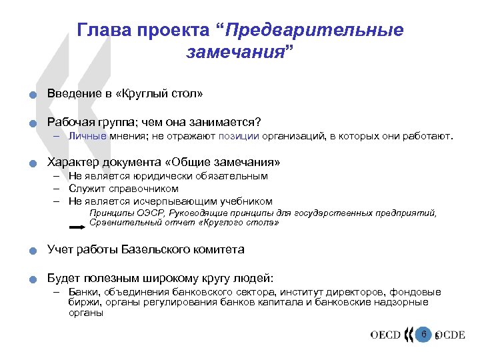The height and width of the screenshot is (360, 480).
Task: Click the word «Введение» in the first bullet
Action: [72, 93]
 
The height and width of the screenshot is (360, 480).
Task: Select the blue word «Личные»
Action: [85, 137]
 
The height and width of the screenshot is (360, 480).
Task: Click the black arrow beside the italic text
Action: [77, 227]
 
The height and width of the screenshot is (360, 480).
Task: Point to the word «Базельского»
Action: [159, 250]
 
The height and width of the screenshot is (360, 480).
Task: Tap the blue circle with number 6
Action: [423, 333]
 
